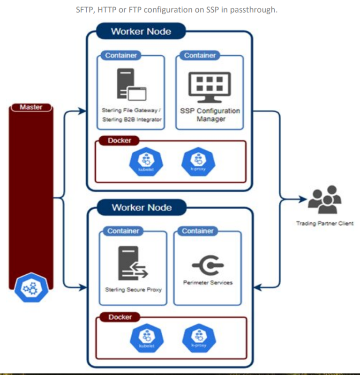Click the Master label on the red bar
pos(31,107)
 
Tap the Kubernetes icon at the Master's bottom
pos(31,288)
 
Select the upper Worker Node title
pos(141,32)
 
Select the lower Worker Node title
pos(142,207)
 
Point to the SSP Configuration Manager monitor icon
pos(210,88)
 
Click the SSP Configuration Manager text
pos(210,115)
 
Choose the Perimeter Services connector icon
pos(207,265)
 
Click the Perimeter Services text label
pos(207,283)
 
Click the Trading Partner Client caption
pos(324,223)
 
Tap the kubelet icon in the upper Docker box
pos(142,161)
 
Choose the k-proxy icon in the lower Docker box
pos(195,340)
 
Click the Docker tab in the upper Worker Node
pos(120,140)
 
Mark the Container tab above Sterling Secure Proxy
pos(123,231)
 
